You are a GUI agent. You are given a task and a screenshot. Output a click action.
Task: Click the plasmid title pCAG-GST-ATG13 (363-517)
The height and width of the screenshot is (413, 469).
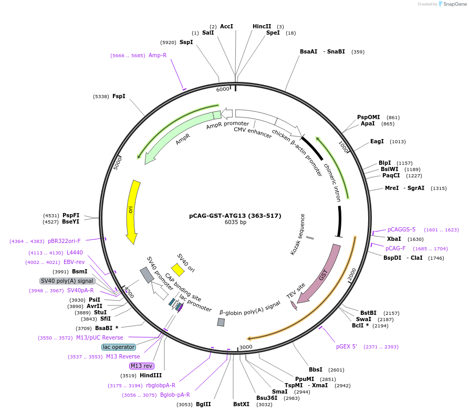pyautogui.click(x=235, y=216)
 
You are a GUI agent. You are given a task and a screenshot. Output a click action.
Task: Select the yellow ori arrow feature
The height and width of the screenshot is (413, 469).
pyautogui.click(x=133, y=210)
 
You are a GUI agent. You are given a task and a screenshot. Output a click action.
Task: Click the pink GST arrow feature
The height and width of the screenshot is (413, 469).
pyautogui.click(x=320, y=273)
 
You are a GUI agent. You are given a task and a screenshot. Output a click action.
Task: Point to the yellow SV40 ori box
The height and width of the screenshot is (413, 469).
pyautogui.click(x=178, y=270)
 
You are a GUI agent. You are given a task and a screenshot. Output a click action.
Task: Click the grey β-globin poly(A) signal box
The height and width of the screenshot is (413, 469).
pyautogui.click(x=221, y=322)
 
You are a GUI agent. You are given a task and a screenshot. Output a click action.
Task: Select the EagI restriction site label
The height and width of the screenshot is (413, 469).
pyautogui.click(x=377, y=141)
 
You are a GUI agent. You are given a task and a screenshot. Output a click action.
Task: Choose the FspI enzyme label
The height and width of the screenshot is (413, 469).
pyautogui.click(x=119, y=96)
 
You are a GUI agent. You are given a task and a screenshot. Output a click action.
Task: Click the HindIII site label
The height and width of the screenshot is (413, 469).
pyautogui.click(x=151, y=375)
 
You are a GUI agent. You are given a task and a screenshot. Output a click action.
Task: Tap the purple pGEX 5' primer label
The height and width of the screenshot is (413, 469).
pyautogui.click(x=347, y=346)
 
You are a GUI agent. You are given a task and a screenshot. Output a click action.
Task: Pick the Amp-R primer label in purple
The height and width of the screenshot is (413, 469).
pyautogui.click(x=158, y=55)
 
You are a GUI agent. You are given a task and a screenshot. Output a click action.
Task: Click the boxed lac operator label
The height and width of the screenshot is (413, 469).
pyautogui.click(x=119, y=347)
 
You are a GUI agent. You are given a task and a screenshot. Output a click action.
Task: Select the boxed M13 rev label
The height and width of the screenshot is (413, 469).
pyautogui.click(x=141, y=366)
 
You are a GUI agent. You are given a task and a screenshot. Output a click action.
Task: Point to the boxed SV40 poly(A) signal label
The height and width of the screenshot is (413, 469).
pyautogui.click(x=67, y=281)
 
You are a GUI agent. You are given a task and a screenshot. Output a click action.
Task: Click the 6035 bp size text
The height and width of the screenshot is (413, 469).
pyautogui.click(x=235, y=223)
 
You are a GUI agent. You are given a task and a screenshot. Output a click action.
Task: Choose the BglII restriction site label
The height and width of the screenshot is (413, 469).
pyautogui.click(x=203, y=404)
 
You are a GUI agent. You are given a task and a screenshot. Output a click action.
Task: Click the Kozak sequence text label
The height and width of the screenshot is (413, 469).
pyautogui.click(x=297, y=235)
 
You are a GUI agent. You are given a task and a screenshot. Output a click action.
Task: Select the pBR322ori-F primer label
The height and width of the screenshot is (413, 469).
pyautogui.click(x=64, y=241)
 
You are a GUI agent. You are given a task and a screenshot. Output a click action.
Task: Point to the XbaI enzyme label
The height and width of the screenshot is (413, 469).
pyautogui.click(x=394, y=239)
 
